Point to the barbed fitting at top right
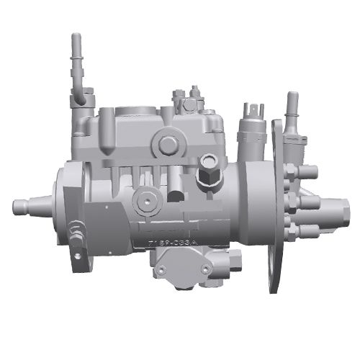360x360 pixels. [x=292, y=108]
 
